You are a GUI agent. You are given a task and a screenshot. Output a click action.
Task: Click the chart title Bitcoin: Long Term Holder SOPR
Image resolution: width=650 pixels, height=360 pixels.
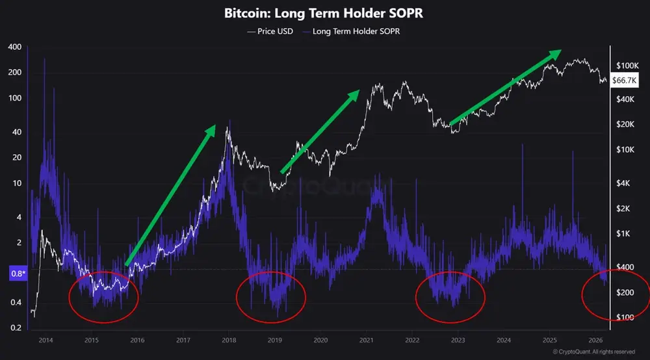(x=326, y=12)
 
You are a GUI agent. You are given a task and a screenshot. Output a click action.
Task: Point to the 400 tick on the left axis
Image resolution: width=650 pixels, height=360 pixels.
(x=13, y=47)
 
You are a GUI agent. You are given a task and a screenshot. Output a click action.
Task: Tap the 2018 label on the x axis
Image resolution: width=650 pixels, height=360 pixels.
(x=228, y=340)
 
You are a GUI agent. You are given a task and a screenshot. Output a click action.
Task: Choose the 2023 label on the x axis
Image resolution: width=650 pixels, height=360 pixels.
(x=457, y=340)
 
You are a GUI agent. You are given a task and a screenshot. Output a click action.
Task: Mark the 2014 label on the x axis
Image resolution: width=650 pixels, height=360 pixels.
(x=46, y=340)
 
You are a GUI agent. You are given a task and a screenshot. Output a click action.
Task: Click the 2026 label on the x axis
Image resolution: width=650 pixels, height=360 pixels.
(x=594, y=340)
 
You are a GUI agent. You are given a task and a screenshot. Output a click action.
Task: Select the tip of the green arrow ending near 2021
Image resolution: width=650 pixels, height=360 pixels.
(x=358, y=91)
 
